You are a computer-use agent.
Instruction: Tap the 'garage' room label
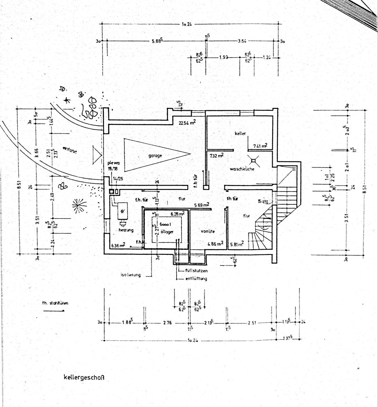pyautogui.click(x=155, y=155)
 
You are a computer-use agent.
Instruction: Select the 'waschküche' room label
pyautogui.click(x=242, y=169)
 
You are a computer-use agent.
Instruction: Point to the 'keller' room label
pyautogui.click(x=240, y=133)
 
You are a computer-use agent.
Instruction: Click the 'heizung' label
pyautogui.click(x=126, y=230)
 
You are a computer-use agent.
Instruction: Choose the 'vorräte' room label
pyautogui.click(x=208, y=231)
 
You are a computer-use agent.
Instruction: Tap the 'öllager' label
pyautogui.click(x=167, y=231)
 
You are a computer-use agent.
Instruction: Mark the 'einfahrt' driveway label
pyautogui.click(x=70, y=150)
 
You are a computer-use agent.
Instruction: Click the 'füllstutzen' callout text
pyautogui.click(x=196, y=270)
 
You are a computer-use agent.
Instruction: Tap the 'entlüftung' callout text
pyautogui.click(x=196, y=278)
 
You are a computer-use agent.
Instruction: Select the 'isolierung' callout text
pyautogui.click(x=130, y=274)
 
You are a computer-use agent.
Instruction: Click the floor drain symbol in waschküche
pyautogui.click(x=253, y=161)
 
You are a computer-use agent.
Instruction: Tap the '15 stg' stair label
pyautogui.click(x=263, y=202)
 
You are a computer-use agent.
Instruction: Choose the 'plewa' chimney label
pyautogui.click(x=113, y=163)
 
